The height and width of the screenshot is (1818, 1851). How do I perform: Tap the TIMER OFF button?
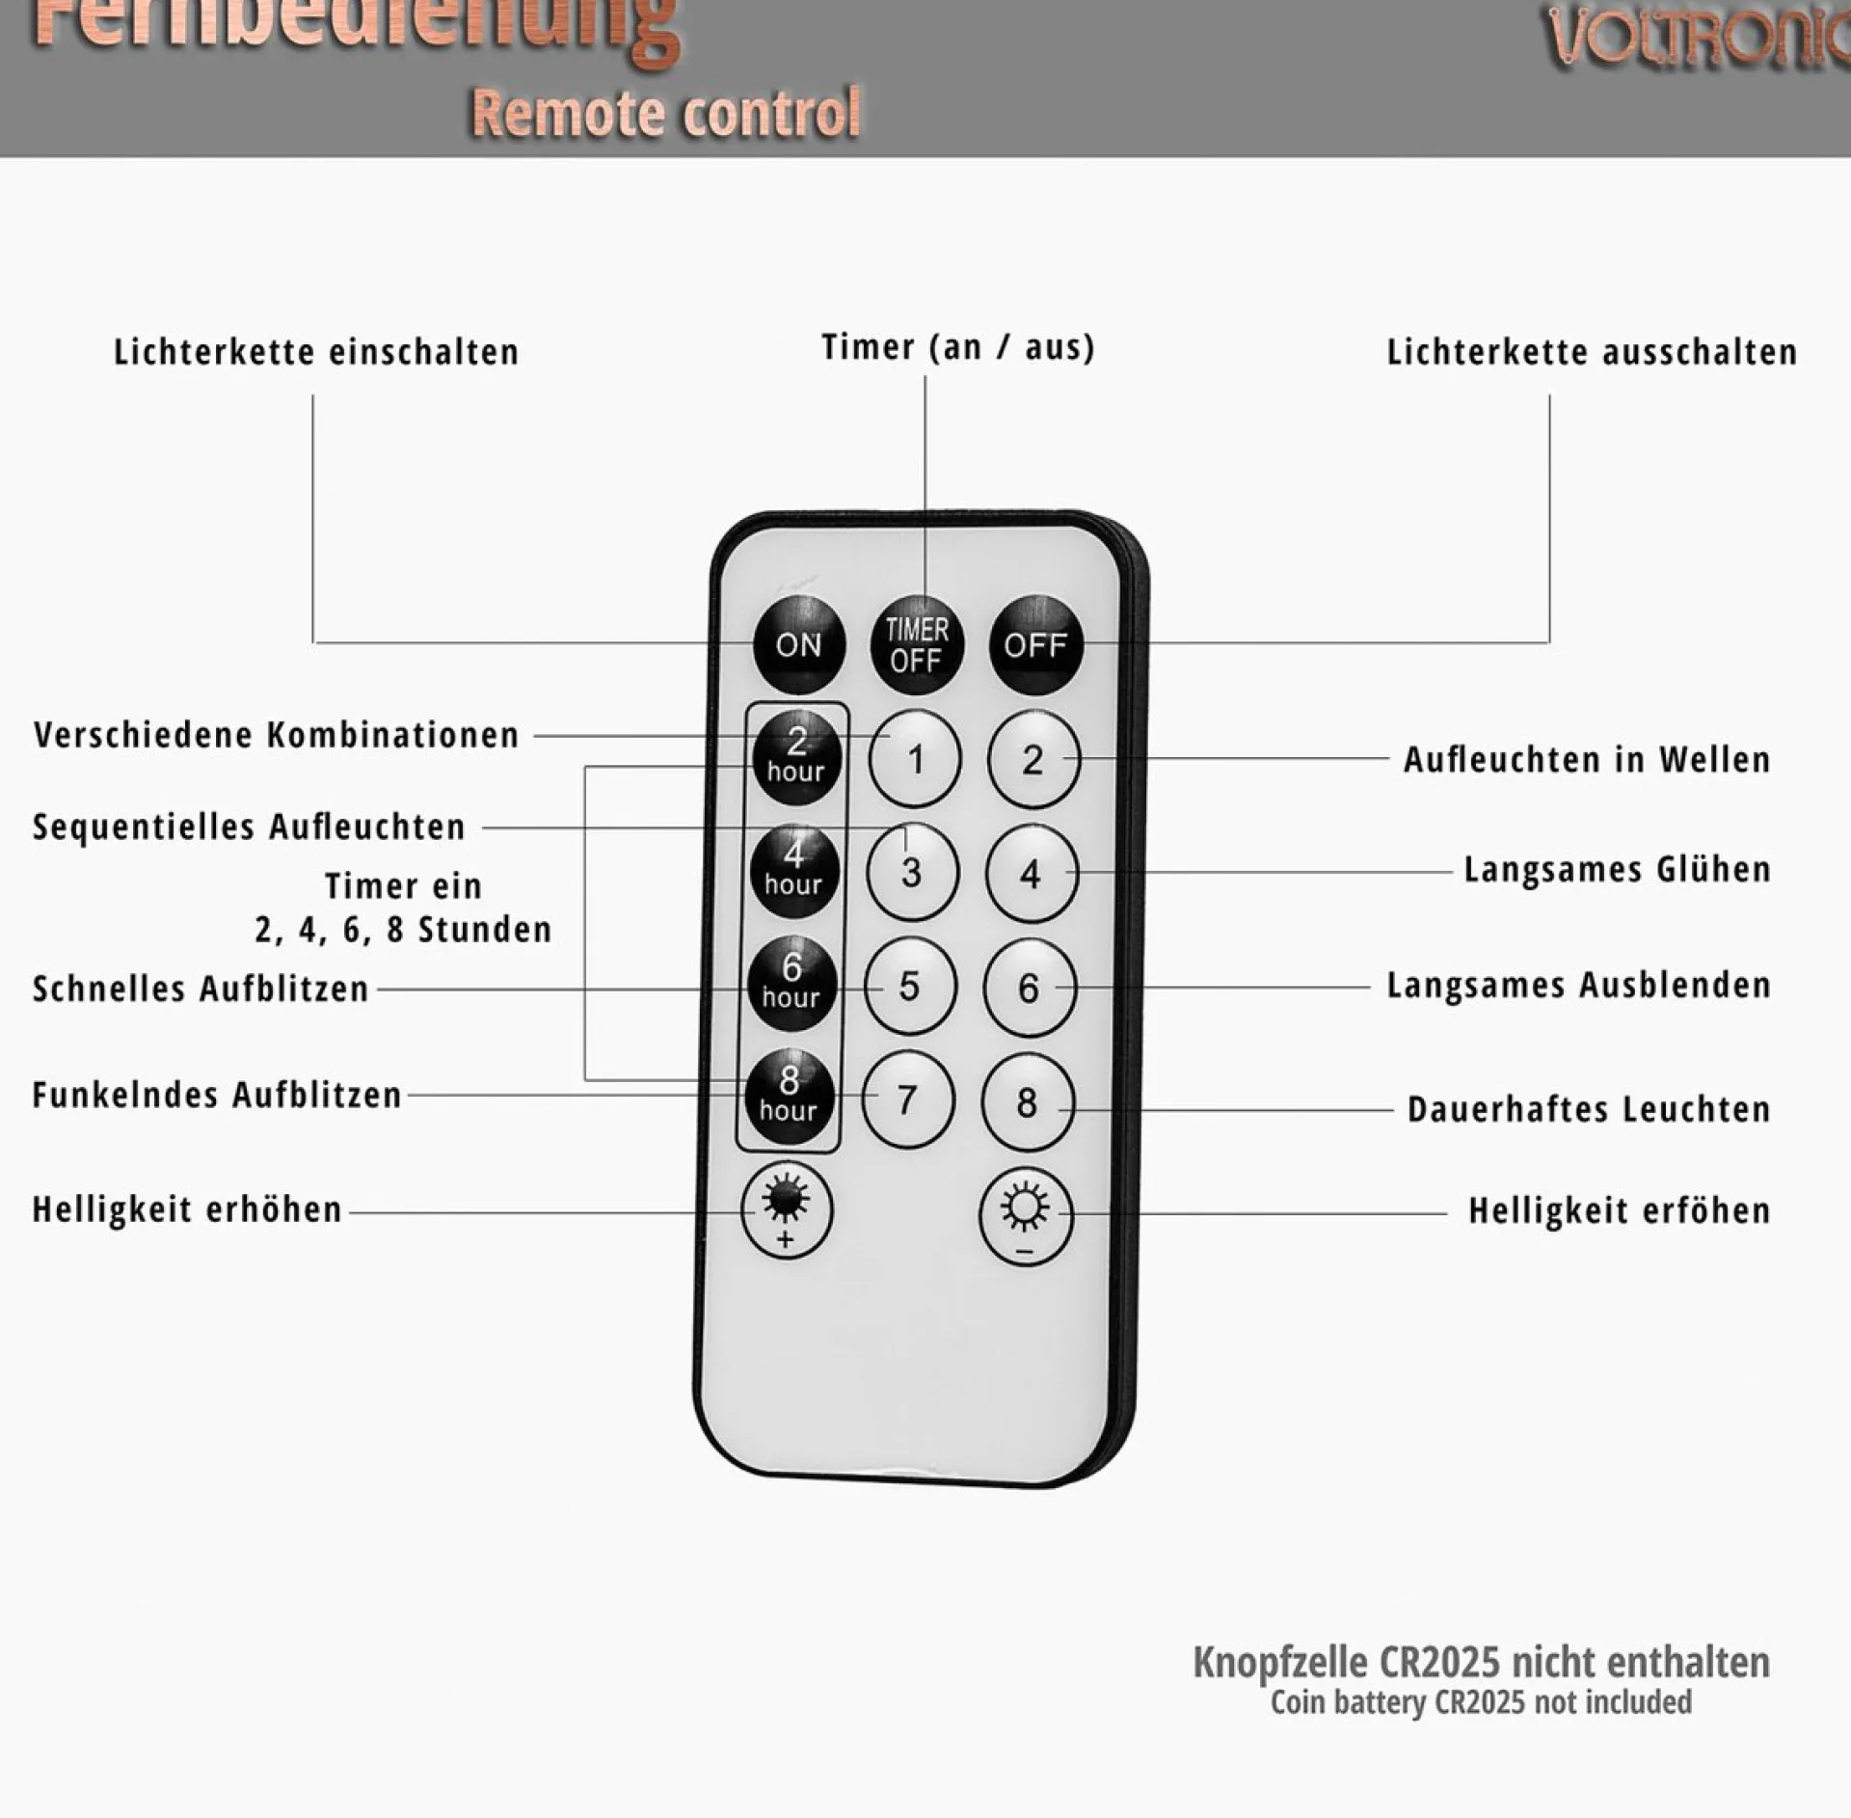click(917, 645)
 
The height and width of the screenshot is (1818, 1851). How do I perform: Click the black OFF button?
click(1035, 644)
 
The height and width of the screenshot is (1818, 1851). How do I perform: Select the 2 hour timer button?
click(796, 757)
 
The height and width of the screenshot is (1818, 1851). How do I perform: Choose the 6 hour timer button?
click(791, 984)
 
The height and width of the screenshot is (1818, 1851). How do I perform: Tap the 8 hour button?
click(789, 1097)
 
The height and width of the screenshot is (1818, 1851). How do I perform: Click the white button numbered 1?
click(915, 759)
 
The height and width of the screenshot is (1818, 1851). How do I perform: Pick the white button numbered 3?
click(912, 872)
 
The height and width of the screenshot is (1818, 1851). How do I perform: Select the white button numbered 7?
click(907, 1099)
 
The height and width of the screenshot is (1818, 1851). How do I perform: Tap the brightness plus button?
click(786, 1210)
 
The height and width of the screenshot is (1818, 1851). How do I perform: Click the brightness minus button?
click(1025, 1213)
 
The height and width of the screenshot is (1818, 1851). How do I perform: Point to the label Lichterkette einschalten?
click(316, 352)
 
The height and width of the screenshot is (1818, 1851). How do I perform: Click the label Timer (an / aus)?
click(957, 347)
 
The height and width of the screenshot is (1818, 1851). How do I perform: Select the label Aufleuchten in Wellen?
click(1586, 760)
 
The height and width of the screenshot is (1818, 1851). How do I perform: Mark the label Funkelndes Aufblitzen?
click(217, 1095)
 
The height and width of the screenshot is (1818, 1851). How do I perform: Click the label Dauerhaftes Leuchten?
click(1588, 1109)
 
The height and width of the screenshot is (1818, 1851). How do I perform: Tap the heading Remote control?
click(665, 114)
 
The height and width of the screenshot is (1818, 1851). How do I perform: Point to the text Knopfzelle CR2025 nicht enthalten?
click(1481, 1663)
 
